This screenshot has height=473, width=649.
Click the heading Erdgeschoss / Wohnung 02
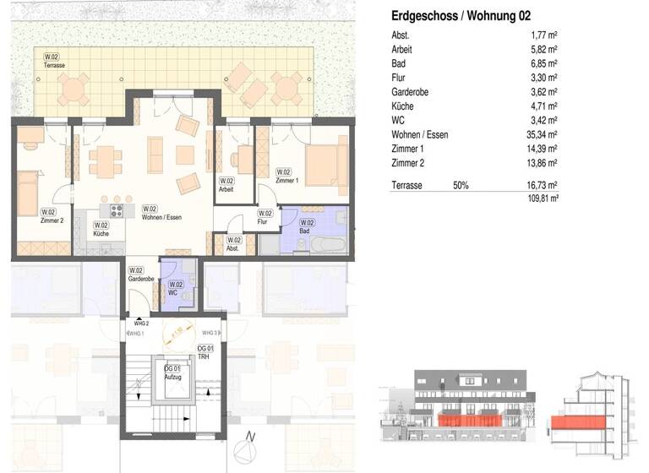pos(461,16)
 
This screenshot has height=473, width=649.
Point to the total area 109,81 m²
pos(541,198)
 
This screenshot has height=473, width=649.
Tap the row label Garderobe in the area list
pos(410,91)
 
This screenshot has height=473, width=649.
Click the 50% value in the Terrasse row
pos(461,184)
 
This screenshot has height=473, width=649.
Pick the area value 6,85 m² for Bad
pos(544,63)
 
